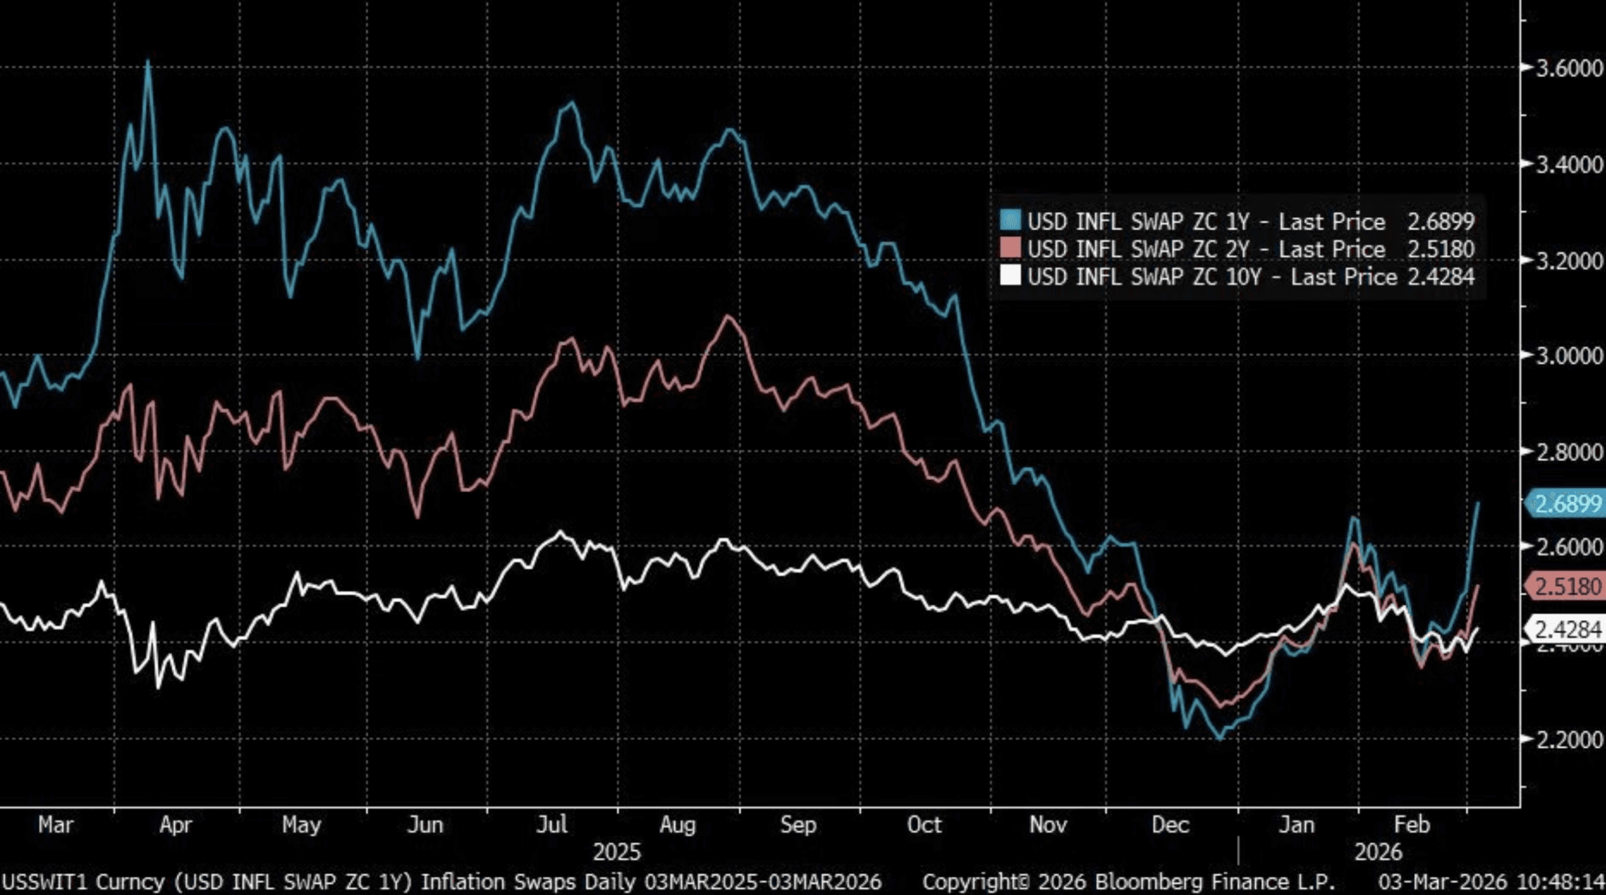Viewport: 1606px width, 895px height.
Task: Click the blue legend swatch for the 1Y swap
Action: [1011, 221]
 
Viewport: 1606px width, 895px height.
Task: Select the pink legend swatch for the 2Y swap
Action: [1011, 249]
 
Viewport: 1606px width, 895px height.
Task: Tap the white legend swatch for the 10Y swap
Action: [1011, 276]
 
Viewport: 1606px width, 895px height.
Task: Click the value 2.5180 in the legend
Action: [1441, 249]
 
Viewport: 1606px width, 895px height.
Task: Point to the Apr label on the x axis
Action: [175, 825]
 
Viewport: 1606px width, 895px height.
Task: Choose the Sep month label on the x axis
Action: [798, 825]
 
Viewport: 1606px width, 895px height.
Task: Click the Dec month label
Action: [1170, 825]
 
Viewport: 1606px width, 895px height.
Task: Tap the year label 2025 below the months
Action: [617, 852]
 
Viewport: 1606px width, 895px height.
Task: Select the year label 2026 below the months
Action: [1378, 852]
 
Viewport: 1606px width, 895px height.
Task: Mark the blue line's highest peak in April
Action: [148, 62]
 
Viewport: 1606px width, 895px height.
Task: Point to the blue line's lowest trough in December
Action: [1220, 739]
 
